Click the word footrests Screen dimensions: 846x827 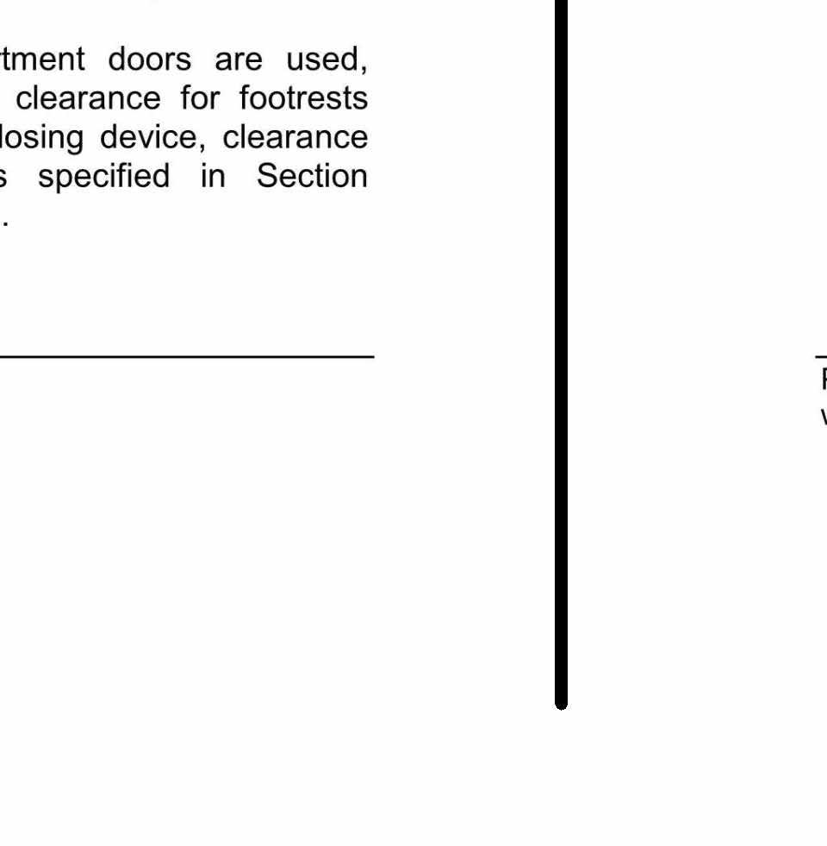[x=303, y=99]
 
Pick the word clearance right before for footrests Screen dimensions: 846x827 [x=89, y=99]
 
